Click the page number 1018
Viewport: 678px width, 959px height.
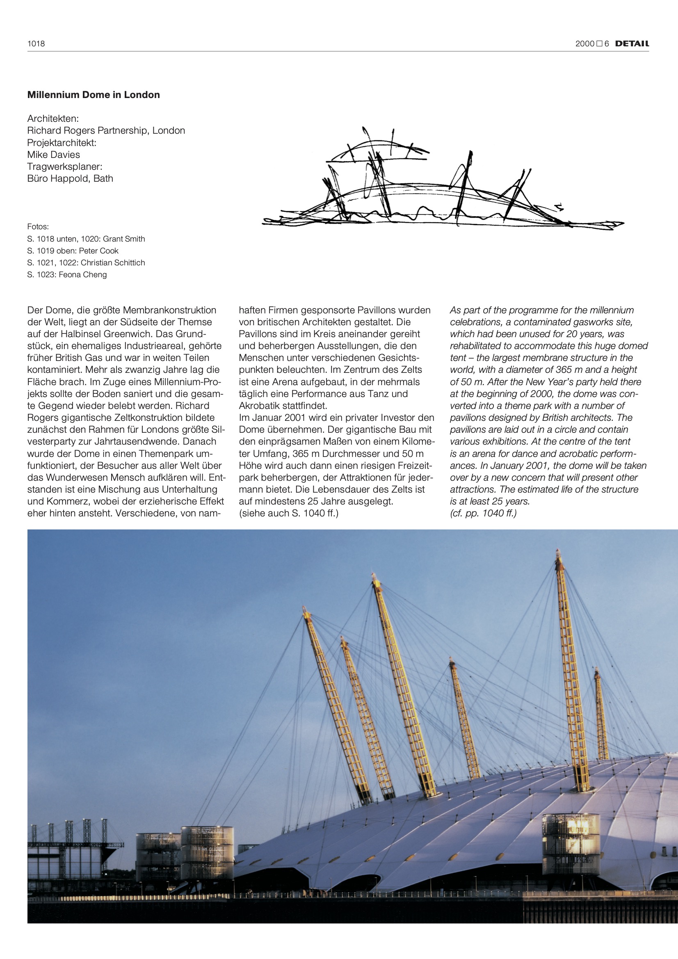coord(36,43)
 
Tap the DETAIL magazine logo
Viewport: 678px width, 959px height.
coord(632,43)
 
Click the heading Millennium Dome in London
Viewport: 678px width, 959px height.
coord(94,95)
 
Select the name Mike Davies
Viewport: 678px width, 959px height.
coord(53,155)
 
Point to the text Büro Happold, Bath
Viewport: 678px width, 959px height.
coord(70,178)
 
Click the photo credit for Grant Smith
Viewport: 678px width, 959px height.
coord(86,239)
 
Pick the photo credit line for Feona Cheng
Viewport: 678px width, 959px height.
coord(67,274)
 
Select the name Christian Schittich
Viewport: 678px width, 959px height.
coord(113,263)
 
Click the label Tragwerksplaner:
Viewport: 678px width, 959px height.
coord(65,167)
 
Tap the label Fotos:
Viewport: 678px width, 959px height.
coord(38,227)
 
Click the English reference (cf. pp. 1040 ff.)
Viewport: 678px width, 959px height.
coord(483,513)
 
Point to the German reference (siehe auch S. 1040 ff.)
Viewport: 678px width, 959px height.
coord(288,513)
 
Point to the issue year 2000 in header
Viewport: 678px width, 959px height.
coord(584,43)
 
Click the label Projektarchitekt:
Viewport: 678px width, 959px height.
coord(62,143)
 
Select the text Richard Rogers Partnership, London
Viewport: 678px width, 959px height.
coord(106,131)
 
